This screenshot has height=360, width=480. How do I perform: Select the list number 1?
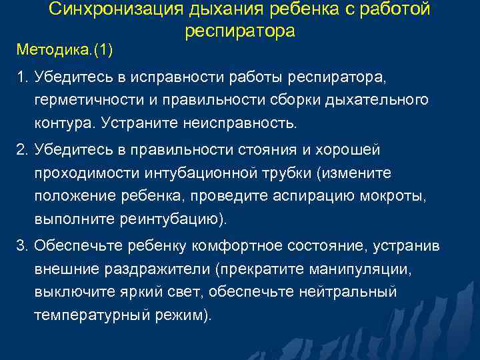tap(21, 78)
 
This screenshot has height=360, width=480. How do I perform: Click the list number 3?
tap(21, 245)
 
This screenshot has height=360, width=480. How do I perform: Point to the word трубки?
tap(288, 173)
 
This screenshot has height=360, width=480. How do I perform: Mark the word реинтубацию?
tap(171, 219)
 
